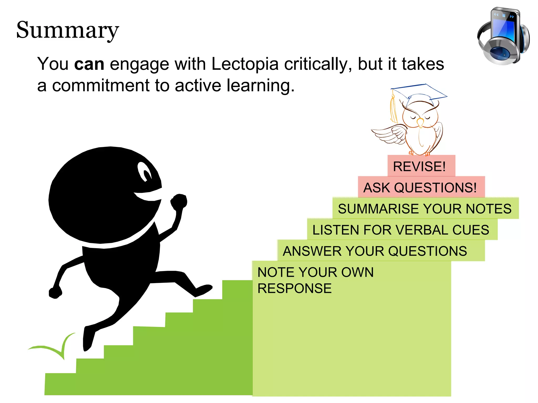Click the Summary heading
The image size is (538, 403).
tap(68, 30)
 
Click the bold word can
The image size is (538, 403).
tap(89, 64)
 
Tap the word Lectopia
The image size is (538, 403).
tap(245, 64)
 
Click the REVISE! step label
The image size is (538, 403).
tap(419, 166)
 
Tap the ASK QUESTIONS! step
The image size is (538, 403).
tap(420, 188)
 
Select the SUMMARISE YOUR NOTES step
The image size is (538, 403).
tap(425, 209)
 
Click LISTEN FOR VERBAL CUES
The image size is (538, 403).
tap(401, 230)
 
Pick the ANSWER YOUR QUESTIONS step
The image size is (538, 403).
tap(375, 251)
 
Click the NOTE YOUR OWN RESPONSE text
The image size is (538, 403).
tap(315, 280)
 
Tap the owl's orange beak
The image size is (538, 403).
tap(420, 122)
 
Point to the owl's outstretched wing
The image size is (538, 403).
tap(389, 134)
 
